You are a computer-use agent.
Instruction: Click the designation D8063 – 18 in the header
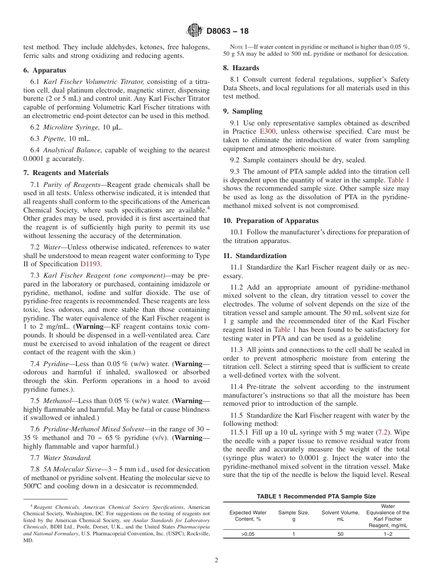(227, 31)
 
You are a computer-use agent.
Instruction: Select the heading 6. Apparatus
(45, 70)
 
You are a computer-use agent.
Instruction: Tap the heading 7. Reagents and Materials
(66, 173)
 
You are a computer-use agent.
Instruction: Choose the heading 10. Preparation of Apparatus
(271, 221)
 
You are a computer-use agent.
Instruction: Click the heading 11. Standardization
(255, 256)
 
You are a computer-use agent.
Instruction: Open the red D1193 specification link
(90, 264)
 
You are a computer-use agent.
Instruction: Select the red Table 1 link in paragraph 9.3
(398, 180)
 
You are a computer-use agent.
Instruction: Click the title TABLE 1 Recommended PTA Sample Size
(316, 497)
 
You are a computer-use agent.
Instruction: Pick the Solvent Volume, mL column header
(340, 516)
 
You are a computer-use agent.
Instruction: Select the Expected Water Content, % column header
(248, 516)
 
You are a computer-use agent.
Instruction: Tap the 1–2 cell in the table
(388, 534)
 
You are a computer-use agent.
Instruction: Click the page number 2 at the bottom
(216, 560)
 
